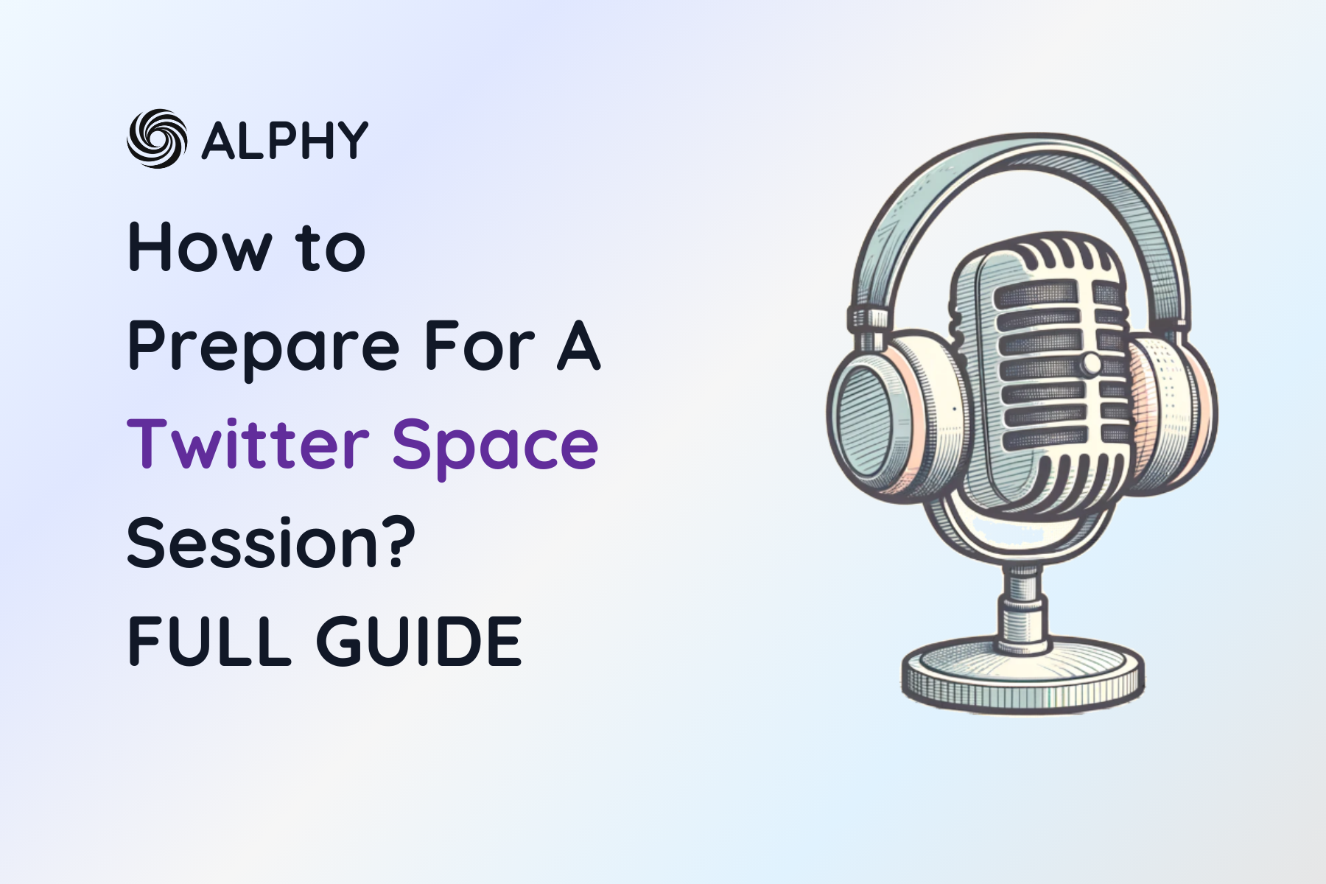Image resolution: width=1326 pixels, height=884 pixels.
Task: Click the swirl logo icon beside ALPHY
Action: coord(156,138)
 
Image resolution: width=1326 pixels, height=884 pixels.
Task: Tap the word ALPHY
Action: coord(284,140)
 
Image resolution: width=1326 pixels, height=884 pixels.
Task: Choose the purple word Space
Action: coord(495,446)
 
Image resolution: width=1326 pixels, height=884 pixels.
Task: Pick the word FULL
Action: coord(209,641)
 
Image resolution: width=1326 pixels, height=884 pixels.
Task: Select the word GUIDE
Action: coord(419,641)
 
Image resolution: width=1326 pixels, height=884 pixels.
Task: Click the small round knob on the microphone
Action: coord(1090,363)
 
